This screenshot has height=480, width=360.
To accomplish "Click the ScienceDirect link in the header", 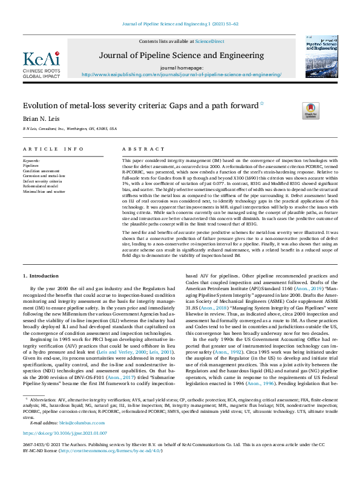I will click(206, 41).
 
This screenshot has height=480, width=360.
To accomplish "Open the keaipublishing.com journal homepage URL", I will click(182, 74).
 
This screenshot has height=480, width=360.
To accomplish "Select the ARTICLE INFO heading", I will click(54, 148).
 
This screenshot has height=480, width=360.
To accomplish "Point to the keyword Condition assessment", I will click(42, 171).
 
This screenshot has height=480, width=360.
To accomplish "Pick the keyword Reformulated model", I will click(41, 186).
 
